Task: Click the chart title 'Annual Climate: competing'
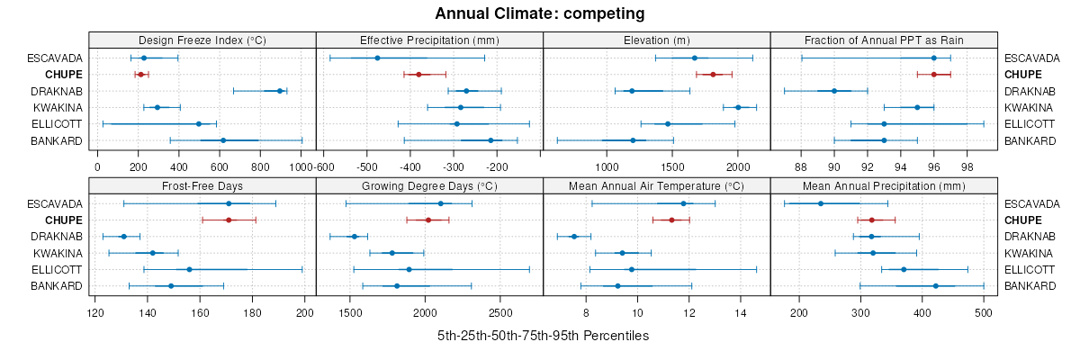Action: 539,13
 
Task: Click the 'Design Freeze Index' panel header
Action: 202,40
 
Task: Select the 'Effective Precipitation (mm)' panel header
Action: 429,40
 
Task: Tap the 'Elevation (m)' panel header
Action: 657,40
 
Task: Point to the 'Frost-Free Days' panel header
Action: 202,187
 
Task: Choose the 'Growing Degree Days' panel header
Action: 429,187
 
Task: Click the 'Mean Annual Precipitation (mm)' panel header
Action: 884,187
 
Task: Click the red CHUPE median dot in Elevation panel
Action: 713,75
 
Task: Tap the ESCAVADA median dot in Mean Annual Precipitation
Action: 820,203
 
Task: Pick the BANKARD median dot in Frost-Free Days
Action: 171,286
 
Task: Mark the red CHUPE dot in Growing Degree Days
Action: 428,220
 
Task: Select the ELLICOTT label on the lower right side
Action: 1029,270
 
